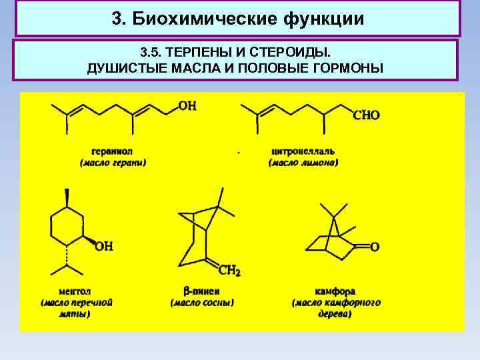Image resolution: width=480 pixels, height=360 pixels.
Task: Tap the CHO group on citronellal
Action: point(366,115)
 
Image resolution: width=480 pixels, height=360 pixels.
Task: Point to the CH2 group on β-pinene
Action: point(230,271)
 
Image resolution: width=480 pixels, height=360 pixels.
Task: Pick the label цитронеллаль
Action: point(303,151)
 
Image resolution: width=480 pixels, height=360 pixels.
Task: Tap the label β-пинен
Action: point(201,291)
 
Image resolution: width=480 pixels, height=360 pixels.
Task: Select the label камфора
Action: point(335,291)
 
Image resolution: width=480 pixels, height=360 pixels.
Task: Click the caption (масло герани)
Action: point(113,163)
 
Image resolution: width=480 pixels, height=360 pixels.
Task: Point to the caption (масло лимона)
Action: point(303,163)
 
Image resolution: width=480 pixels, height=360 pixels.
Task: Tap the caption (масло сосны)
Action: point(201,303)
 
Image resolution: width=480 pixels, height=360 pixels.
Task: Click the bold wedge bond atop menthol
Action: point(67,197)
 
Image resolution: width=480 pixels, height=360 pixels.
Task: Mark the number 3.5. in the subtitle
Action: point(151,51)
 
